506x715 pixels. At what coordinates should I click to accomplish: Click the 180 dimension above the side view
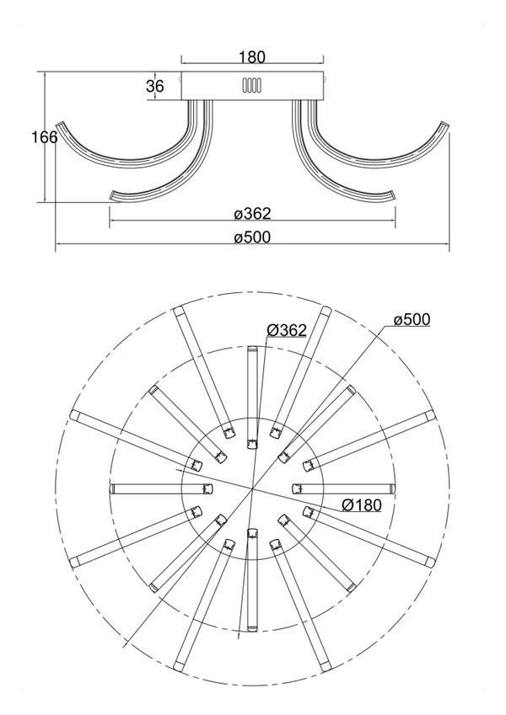252,57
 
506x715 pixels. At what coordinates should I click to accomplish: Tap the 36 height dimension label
155,86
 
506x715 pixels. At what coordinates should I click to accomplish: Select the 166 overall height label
45,136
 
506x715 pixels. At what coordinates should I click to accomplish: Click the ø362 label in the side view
252,213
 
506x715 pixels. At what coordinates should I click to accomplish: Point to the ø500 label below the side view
252,237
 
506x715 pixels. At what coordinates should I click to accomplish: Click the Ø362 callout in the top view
287,329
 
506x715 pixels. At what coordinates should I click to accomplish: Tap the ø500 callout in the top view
412,320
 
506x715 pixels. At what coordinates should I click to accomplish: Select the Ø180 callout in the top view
362,504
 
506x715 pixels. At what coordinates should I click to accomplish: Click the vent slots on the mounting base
251,85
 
